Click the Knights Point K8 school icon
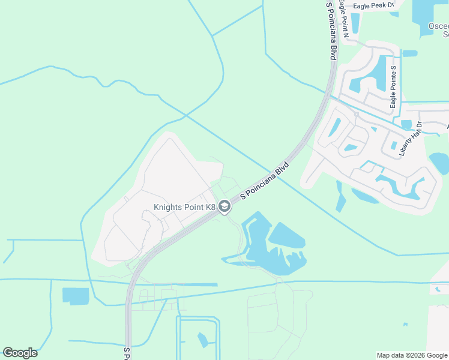click(224, 207)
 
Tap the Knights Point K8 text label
click(184, 208)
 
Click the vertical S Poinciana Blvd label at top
click(331, 30)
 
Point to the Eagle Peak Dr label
click(373, 5)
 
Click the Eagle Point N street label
click(343, 17)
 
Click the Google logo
click(20, 353)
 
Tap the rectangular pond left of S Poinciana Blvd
click(75, 296)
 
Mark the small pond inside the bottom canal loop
click(202, 340)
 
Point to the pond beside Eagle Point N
click(355, 23)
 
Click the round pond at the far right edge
click(440, 163)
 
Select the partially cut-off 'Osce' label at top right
click(438, 27)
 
